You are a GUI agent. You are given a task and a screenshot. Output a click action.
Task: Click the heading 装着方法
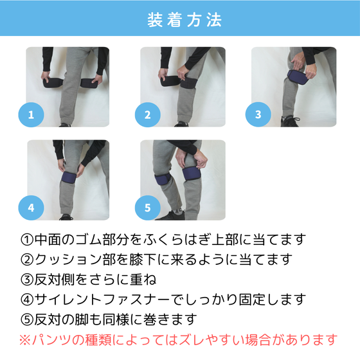click(x=184, y=20)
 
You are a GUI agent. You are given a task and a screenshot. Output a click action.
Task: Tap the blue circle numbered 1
click(x=31, y=114)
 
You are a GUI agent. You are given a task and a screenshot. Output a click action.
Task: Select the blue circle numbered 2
click(x=147, y=114)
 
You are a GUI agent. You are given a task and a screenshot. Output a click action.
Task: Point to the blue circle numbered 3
click(x=258, y=114)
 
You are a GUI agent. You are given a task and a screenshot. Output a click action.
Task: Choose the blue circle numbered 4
click(x=31, y=208)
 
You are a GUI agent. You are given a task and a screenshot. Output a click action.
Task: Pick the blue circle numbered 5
click(x=147, y=208)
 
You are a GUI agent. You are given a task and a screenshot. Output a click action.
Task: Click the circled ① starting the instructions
click(x=27, y=240)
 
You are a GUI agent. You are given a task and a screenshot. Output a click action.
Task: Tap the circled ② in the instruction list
click(x=27, y=260)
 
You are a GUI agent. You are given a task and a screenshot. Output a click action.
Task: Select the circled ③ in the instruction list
click(x=27, y=280)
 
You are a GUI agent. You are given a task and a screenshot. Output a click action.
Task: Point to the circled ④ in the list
click(x=27, y=300)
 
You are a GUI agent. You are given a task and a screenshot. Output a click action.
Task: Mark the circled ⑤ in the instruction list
click(x=27, y=319)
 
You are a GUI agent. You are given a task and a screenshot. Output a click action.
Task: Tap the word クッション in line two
click(x=68, y=260)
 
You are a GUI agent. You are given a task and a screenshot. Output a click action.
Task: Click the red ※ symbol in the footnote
click(x=25, y=340)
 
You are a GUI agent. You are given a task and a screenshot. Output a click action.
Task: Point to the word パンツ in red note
click(x=51, y=340)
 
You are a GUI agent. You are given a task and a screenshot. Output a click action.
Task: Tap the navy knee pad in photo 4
click(x=69, y=177)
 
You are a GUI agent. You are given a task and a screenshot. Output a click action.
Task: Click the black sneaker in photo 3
click(x=290, y=122)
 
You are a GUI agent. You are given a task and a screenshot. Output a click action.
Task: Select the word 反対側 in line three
click(x=55, y=280)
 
